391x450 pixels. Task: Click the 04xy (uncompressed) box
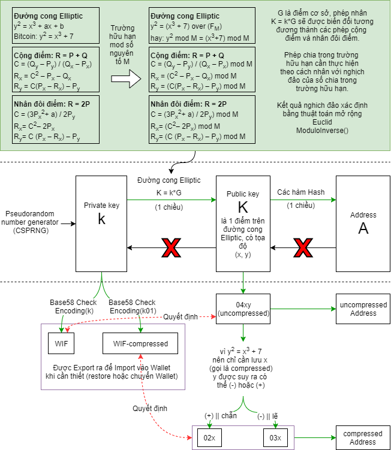click(243, 309)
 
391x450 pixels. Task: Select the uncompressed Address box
click(363, 309)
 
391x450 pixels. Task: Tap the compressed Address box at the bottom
click(363, 437)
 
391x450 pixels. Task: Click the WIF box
click(61, 344)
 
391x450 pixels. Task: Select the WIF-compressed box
click(140, 344)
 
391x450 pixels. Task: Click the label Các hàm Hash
click(300, 192)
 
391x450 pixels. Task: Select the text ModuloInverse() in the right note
click(322, 130)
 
